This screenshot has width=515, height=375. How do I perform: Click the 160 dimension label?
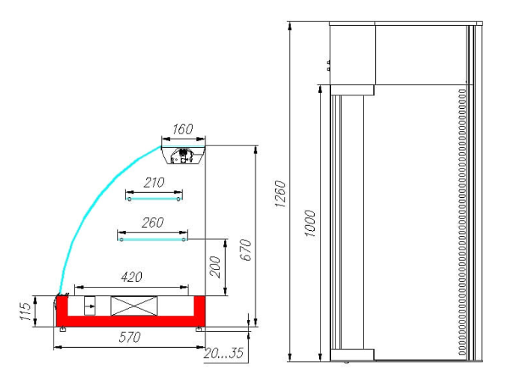click(183, 129)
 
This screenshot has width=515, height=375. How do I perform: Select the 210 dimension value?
click(154, 182)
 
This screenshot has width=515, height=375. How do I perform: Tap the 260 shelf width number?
click(153, 223)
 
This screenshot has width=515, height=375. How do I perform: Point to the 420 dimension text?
click(131, 277)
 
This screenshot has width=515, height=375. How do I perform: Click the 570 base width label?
click(130, 337)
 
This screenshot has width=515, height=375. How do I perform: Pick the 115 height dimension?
click(25, 311)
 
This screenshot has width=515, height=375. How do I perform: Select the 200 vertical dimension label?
click(215, 267)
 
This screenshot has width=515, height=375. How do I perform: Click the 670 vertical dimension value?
click(246, 250)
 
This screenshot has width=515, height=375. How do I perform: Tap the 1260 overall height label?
click(280, 194)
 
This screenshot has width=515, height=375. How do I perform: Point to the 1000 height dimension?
click(310, 223)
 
